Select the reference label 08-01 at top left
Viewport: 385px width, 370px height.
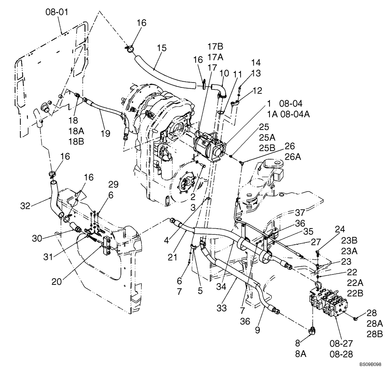(57, 13)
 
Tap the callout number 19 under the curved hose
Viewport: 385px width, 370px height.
(105, 134)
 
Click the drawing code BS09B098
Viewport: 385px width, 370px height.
(370, 364)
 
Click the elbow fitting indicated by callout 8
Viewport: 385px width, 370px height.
(313, 331)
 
